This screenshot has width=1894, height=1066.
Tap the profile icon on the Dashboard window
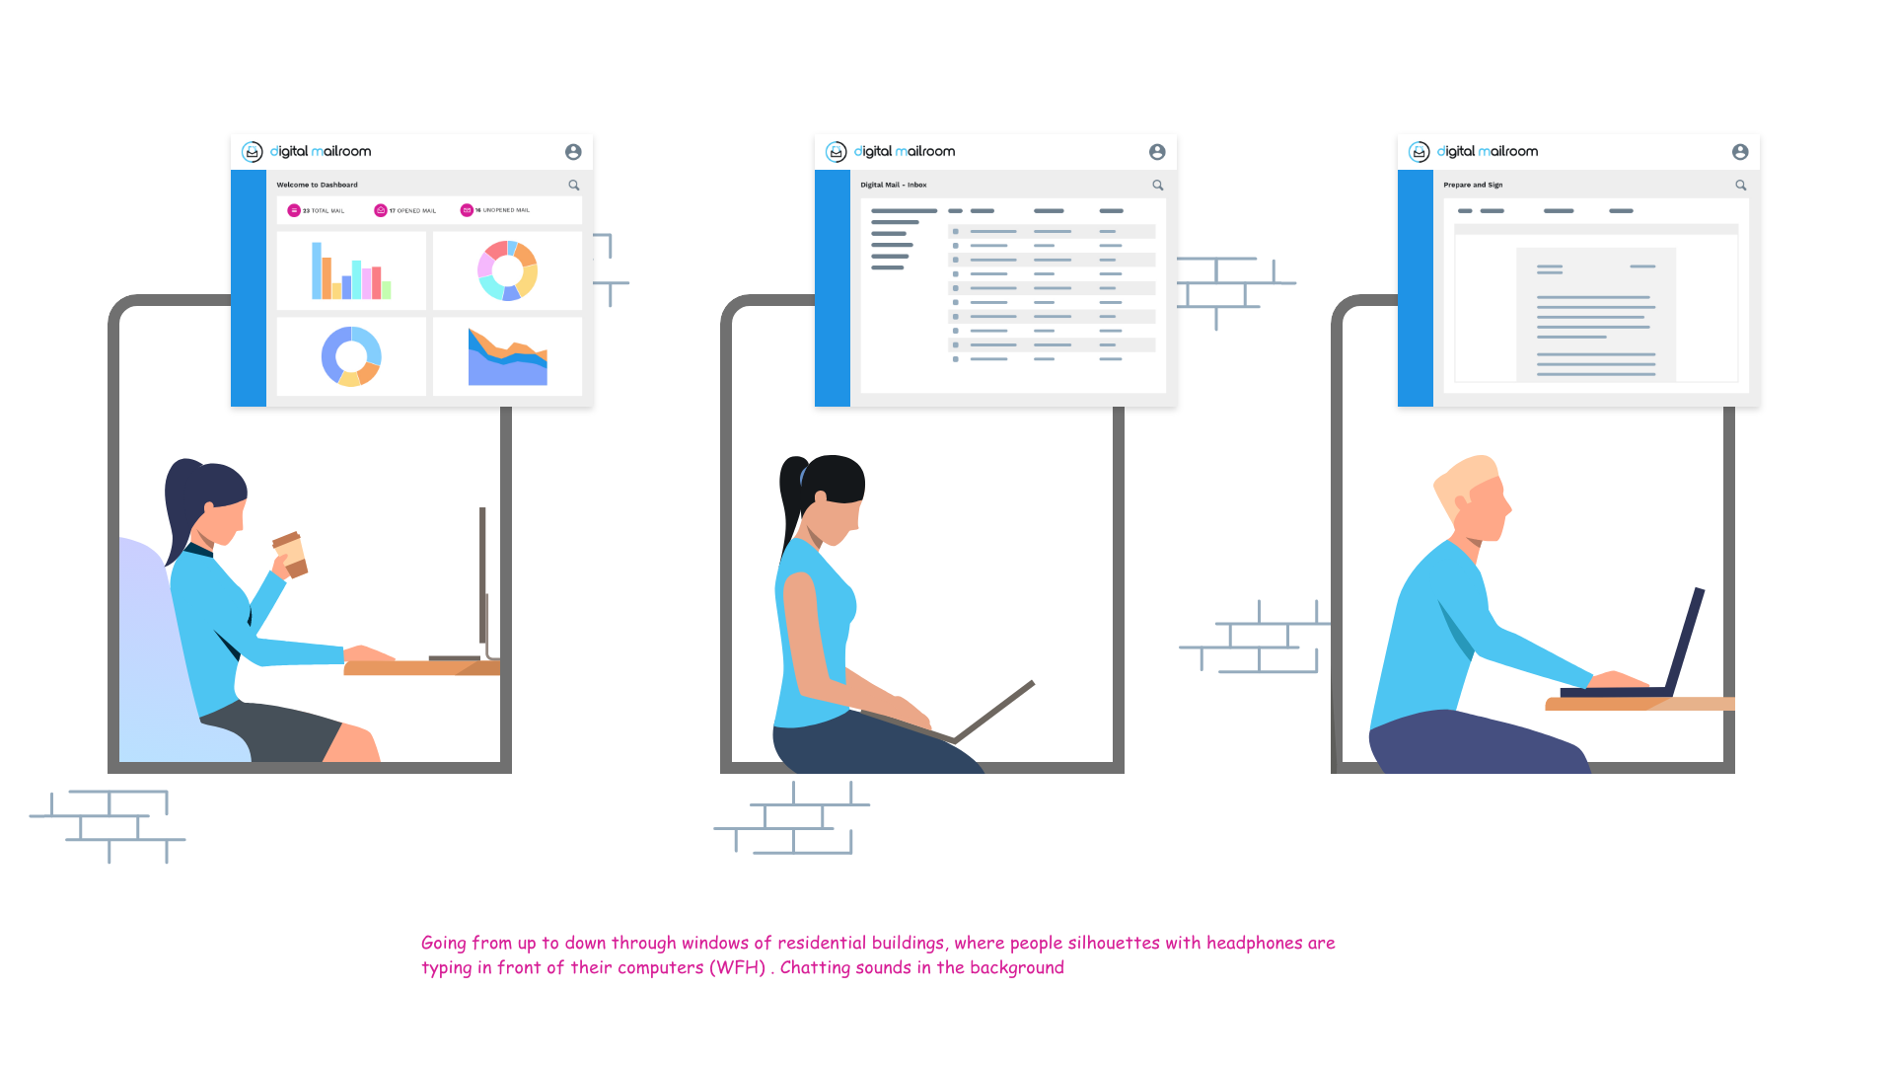click(x=573, y=152)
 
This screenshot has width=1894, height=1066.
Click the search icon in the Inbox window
click(x=1158, y=186)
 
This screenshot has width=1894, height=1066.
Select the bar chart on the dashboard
click(x=351, y=271)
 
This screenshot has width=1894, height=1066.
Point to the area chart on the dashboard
click(x=507, y=357)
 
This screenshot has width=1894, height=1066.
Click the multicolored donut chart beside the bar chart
click(x=507, y=270)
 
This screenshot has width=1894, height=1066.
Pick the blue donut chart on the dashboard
click(x=351, y=356)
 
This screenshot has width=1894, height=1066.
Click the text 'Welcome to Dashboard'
click(x=317, y=186)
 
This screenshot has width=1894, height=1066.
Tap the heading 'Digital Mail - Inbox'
click(x=893, y=186)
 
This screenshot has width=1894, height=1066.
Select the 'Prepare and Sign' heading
click(x=1473, y=186)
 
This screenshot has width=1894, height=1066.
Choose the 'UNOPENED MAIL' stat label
click(x=505, y=210)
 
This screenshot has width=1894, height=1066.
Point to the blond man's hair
click(x=1465, y=479)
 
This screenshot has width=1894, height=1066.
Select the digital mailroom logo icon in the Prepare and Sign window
click(x=1419, y=152)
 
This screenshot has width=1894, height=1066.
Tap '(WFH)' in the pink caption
click(x=737, y=967)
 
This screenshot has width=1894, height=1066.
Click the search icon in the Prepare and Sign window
click(x=1741, y=186)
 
